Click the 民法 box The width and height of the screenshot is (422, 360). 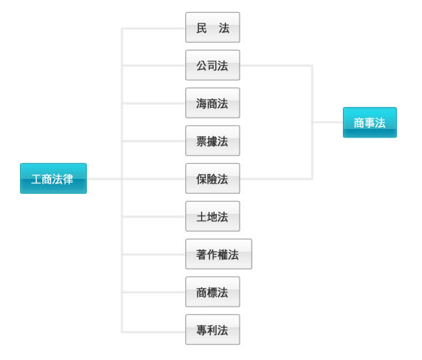click(x=212, y=27)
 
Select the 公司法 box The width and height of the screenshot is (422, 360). click(x=212, y=65)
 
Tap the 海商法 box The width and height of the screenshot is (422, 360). click(x=212, y=103)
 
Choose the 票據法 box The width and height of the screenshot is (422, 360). click(x=212, y=140)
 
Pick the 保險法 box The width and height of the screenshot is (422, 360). click(x=212, y=179)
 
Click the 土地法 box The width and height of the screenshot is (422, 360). click(x=212, y=216)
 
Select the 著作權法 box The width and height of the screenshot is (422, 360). click(x=219, y=254)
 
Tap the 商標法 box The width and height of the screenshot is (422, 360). click(x=212, y=292)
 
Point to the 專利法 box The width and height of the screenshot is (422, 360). click(x=212, y=330)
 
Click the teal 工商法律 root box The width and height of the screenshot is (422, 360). click(x=53, y=178)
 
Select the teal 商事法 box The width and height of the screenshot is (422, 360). click(x=370, y=123)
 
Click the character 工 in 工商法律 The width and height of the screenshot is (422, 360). click(x=36, y=179)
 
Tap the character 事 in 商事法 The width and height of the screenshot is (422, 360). click(x=369, y=123)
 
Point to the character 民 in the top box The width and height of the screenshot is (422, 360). click(x=202, y=28)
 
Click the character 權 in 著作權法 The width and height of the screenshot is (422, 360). click(x=222, y=254)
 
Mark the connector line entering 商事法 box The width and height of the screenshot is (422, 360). click(x=327, y=122)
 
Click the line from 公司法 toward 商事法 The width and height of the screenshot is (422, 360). click(x=276, y=66)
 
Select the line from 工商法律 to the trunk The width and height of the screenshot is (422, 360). click(x=104, y=179)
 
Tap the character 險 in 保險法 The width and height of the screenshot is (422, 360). click(x=212, y=179)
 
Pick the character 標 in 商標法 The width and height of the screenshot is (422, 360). click(x=212, y=292)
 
